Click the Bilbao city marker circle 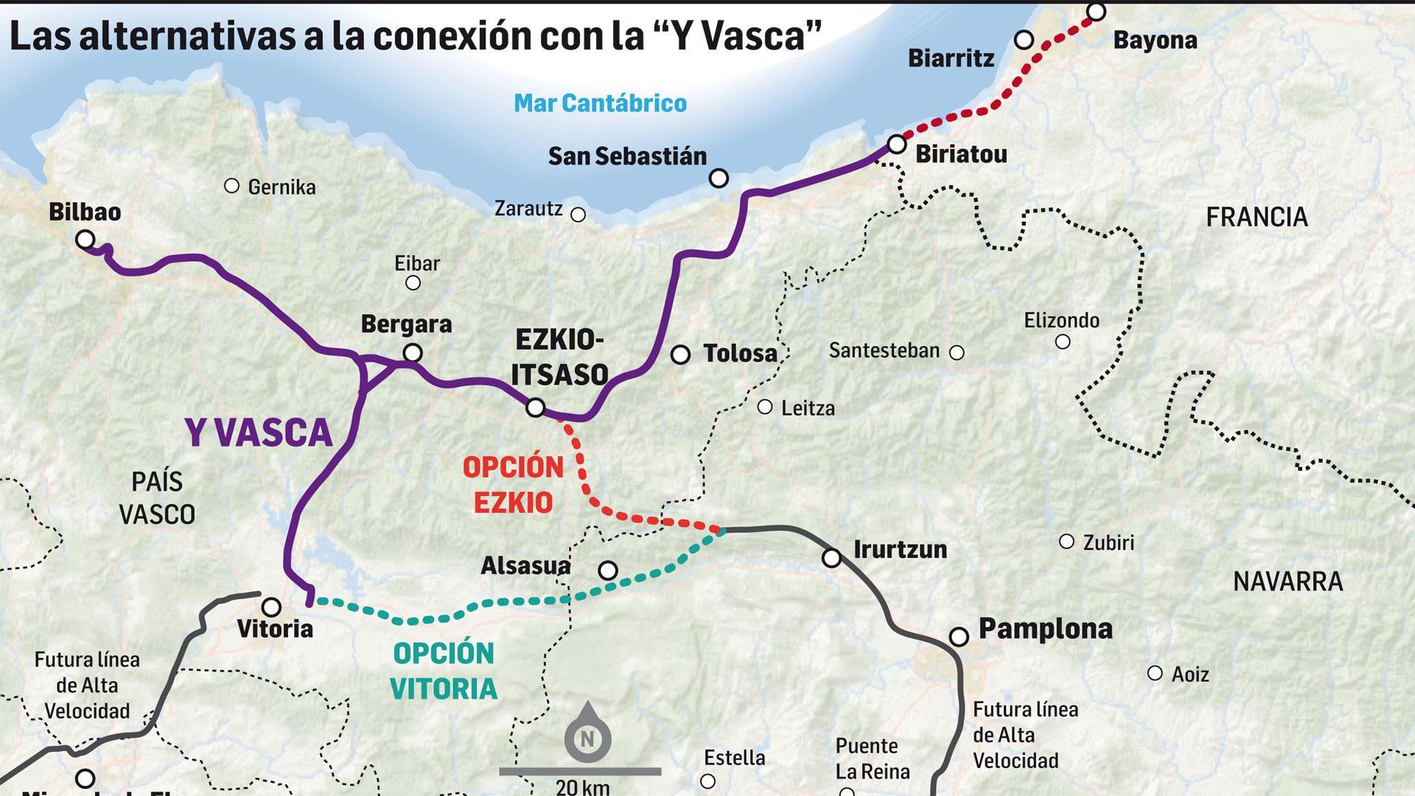85,240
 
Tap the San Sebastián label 627,156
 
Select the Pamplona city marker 959,636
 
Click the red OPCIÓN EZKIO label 513,485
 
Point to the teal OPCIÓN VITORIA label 444,671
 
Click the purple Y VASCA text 259,432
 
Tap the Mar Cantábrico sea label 600,103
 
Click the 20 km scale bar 580,772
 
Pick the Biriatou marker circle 897,144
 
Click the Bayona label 1155,41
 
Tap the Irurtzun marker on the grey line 831,558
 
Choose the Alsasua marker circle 608,570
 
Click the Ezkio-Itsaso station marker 536,407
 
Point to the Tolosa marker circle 680,355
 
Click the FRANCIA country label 1257,217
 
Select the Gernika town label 282,187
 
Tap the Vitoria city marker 272,607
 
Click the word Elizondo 1061,321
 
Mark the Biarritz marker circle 1024,40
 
